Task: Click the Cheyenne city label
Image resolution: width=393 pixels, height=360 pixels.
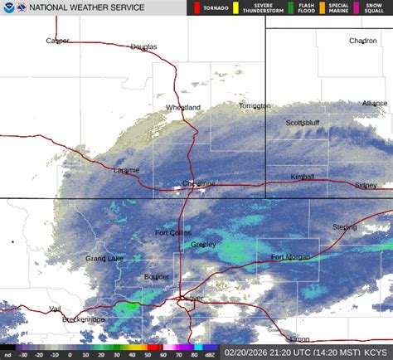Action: (199, 183)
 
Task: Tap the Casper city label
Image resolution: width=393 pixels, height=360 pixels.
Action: (58, 41)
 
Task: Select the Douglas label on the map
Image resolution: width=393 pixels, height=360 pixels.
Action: (143, 46)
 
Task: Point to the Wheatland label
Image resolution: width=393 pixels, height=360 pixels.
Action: (183, 108)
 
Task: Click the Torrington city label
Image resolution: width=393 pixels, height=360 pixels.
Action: (255, 106)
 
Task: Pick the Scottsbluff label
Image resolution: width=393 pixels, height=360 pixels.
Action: (303, 123)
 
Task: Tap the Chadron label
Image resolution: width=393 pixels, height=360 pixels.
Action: (362, 41)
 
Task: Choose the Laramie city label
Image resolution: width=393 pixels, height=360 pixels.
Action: (126, 170)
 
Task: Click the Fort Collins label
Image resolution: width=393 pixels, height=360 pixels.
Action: (173, 232)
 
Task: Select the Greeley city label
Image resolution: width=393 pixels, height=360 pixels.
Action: (203, 245)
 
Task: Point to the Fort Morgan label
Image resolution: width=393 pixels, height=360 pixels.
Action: (289, 256)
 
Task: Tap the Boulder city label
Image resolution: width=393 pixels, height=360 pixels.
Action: (157, 277)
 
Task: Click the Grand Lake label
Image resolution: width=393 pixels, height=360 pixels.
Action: (104, 259)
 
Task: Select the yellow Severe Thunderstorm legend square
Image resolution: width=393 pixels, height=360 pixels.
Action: (235, 7)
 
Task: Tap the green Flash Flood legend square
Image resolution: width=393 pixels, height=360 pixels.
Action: (282, 7)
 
